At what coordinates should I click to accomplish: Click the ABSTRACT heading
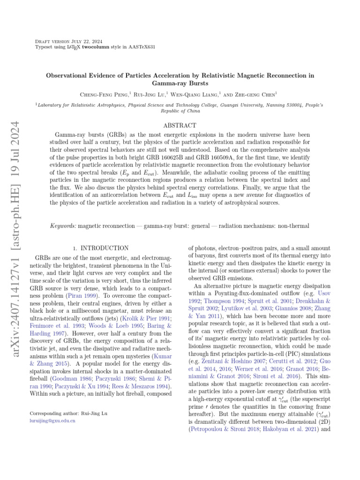180,126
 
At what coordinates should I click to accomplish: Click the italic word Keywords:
63,226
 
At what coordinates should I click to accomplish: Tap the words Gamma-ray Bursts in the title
180,83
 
